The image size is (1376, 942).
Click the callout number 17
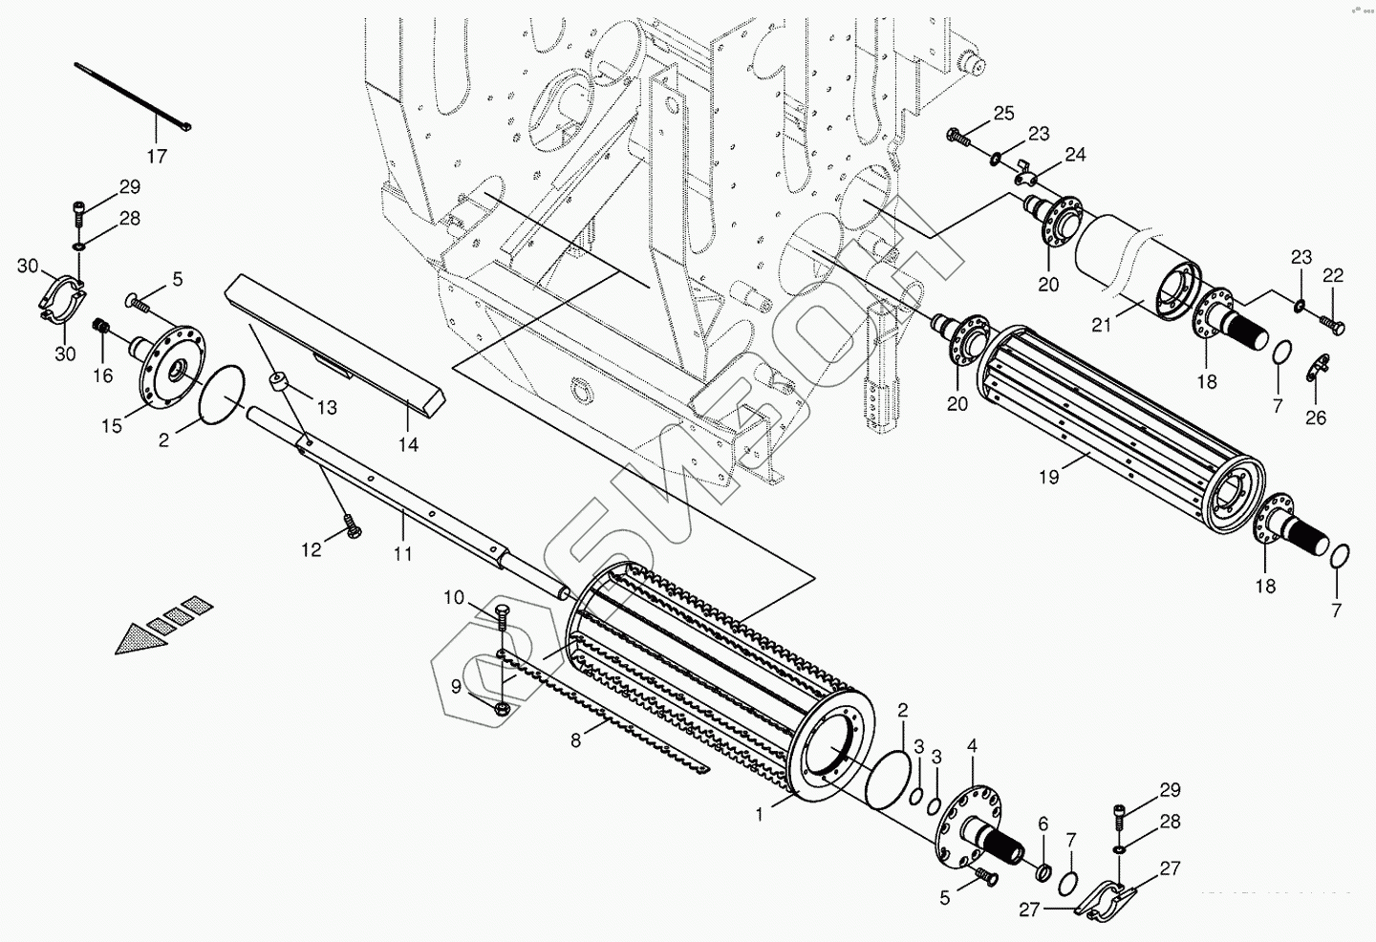(x=157, y=155)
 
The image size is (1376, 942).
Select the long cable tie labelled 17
(x=133, y=96)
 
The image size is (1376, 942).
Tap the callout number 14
(x=409, y=444)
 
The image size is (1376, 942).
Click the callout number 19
(x=1049, y=477)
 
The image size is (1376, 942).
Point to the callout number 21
(x=1102, y=325)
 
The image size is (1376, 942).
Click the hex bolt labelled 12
(x=352, y=525)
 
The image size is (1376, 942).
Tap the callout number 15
(x=113, y=425)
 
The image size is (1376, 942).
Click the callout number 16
(x=103, y=376)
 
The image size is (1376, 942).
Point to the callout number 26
(x=1316, y=417)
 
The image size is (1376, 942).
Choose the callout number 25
(x=1003, y=114)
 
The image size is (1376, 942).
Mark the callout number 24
(x=1076, y=155)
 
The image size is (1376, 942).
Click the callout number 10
(x=453, y=598)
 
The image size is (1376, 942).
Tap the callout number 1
(x=759, y=815)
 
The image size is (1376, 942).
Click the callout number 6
(x=1043, y=824)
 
